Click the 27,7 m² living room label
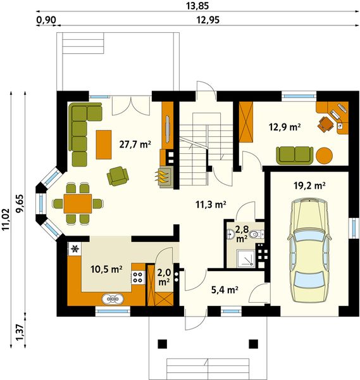[x=135, y=144]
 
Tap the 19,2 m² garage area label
[x=309, y=186]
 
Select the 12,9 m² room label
[x=285, y=127]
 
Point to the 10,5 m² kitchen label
[x=106, y=269]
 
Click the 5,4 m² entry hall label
[x=225, y=289]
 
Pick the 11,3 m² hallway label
[x=211, y=205]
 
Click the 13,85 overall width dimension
[x=197, y=6]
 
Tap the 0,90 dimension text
[x=46, y=20]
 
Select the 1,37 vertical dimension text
[x=20, y=332]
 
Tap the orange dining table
[x=78, y=203]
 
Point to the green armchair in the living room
[x=118, y=176]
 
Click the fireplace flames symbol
[x=162, y=177]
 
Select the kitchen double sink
[x=113, y=299]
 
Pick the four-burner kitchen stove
[x=137, y=277]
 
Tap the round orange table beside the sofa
[x=324, y=156]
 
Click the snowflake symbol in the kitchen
[x=75, y=249]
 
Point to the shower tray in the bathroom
[x=245, y=258]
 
